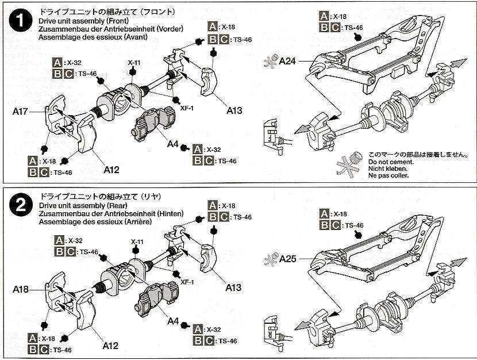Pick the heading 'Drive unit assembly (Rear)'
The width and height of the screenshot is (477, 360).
coord(76,205)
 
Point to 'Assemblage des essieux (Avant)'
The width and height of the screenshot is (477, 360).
coord(94,37)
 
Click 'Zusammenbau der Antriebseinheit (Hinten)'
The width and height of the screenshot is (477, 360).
coord(111,213)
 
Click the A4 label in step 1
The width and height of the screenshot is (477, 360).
coord(172,144)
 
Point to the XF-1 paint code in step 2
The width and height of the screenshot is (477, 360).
coord(187,282)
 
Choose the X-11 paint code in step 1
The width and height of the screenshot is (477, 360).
coord(134,62)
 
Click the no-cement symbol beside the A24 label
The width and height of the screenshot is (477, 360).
coord(268,62)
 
